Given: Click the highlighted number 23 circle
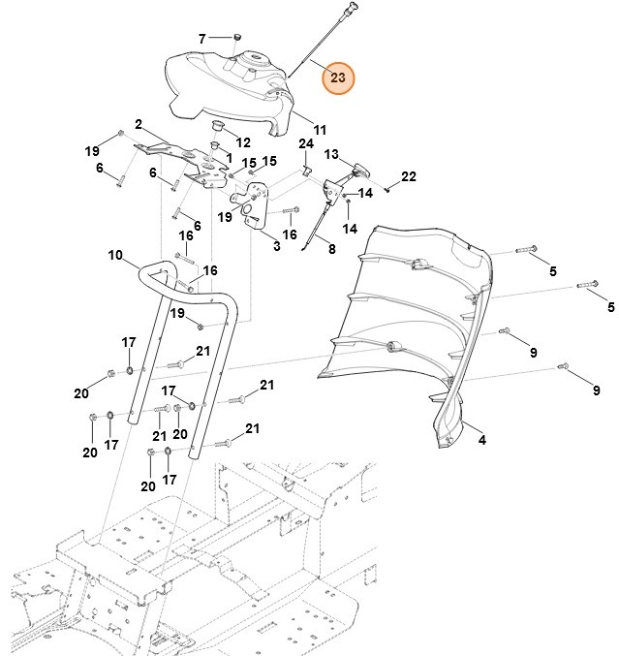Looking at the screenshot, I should click(x=337, y=77).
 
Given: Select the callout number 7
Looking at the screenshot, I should click(x=202, y=39).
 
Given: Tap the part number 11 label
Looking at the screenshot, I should click(x=320, y=129).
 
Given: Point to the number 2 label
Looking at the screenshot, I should click(x=139, y=124).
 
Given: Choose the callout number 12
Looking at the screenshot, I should click(x=242, y=142).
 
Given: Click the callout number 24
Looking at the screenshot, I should click(x=306, y=144).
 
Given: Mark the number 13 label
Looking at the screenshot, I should click(x=331, y=154).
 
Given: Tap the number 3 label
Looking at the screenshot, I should click(x=275, y=247).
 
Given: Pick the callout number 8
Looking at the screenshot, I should click(x=331, y=249).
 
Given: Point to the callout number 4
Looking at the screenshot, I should click(x=481, y=440).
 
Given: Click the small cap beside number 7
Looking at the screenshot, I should click(x=233, y=38).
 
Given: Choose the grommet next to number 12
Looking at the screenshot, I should click(x=218, y=128).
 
